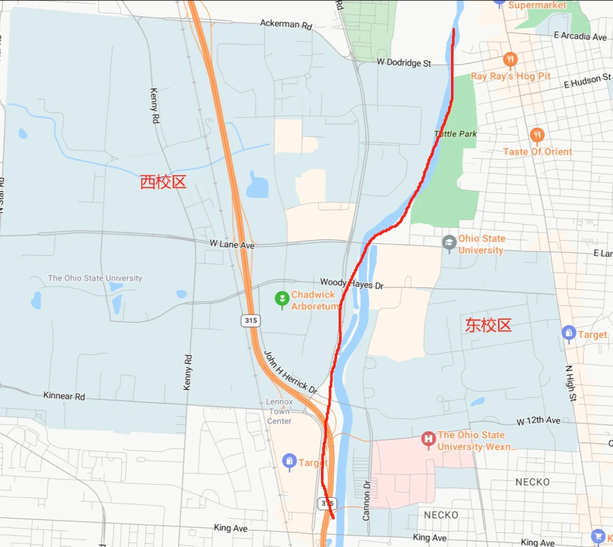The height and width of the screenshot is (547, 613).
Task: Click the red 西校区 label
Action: pyautogui.click(x=163, y=182)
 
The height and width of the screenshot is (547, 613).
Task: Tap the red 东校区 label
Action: pyautogui.click(x=488, y=325)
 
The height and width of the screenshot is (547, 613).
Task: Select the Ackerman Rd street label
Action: pyautogui.click(x=286, y=24)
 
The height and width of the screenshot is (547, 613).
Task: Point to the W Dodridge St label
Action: pyautogui.click(x=404, y=63)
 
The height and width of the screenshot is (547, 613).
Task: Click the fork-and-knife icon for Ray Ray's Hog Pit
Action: pyautogui.click(x=510, y=59)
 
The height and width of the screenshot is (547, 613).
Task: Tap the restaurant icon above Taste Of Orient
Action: pyautogui.click(x=537, y=135)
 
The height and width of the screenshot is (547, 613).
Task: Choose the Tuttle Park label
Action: pyautogui.click(x=456, y=134)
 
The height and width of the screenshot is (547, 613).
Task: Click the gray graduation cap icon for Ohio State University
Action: pyautogui.click(x=449, y=243)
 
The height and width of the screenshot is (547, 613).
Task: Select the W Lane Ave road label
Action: pyautogui.click(x=232, y=244)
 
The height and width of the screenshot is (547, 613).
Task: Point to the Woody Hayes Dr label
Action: pyautogui.click(x=352, y=284)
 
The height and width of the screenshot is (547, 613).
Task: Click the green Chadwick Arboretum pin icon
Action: pyautogui.click(x=282, y=299)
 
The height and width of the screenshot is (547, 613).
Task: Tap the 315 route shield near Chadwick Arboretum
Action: pyautogui.click(x=251, y=320)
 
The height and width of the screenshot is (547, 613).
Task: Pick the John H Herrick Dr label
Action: pyautogui.click(x=291, y=372)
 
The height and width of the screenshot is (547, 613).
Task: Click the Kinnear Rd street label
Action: pyautogui.click(x=64, y=396)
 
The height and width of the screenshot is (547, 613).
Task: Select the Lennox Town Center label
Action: pyautogui.click(x=279, y=411)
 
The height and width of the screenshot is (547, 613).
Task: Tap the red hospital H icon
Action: pyautogui.click(x=428, y=439)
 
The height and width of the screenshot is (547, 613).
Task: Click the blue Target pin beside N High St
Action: pyautogui.click(x=568, y=333)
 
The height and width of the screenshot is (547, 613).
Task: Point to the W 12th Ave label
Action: pyautogui.click(x=538, y=420)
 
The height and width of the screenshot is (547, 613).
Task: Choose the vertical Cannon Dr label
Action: pyautogui.click(x=366, y=500)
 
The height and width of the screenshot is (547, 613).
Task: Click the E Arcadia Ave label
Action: pyautogui.click(x=580, y=36)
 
